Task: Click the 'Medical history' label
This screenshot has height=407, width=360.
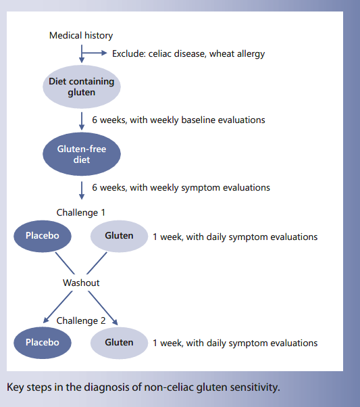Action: pos(81,35)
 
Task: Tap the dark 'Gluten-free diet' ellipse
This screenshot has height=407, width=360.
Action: pos(82,155)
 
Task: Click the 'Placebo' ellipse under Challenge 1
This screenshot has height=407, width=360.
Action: pos(43,236)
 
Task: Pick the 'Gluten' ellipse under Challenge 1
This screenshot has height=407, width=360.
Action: pos(119,236)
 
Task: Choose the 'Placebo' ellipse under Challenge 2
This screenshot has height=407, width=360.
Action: pos(43,342)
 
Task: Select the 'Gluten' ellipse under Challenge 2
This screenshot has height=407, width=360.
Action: pos(119,342)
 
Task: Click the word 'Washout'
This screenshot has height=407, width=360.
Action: pos(81,283)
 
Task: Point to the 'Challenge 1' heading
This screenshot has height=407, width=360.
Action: pos(81,212)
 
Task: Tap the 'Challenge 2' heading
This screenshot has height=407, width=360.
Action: pos(81,320)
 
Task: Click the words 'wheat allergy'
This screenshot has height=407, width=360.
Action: pos(242,53)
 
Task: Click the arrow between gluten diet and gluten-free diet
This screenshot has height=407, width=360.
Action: pos(82,120)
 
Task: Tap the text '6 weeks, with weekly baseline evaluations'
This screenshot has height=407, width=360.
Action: pos(178,120)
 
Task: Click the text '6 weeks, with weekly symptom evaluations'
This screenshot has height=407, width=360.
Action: pos(181,188)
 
